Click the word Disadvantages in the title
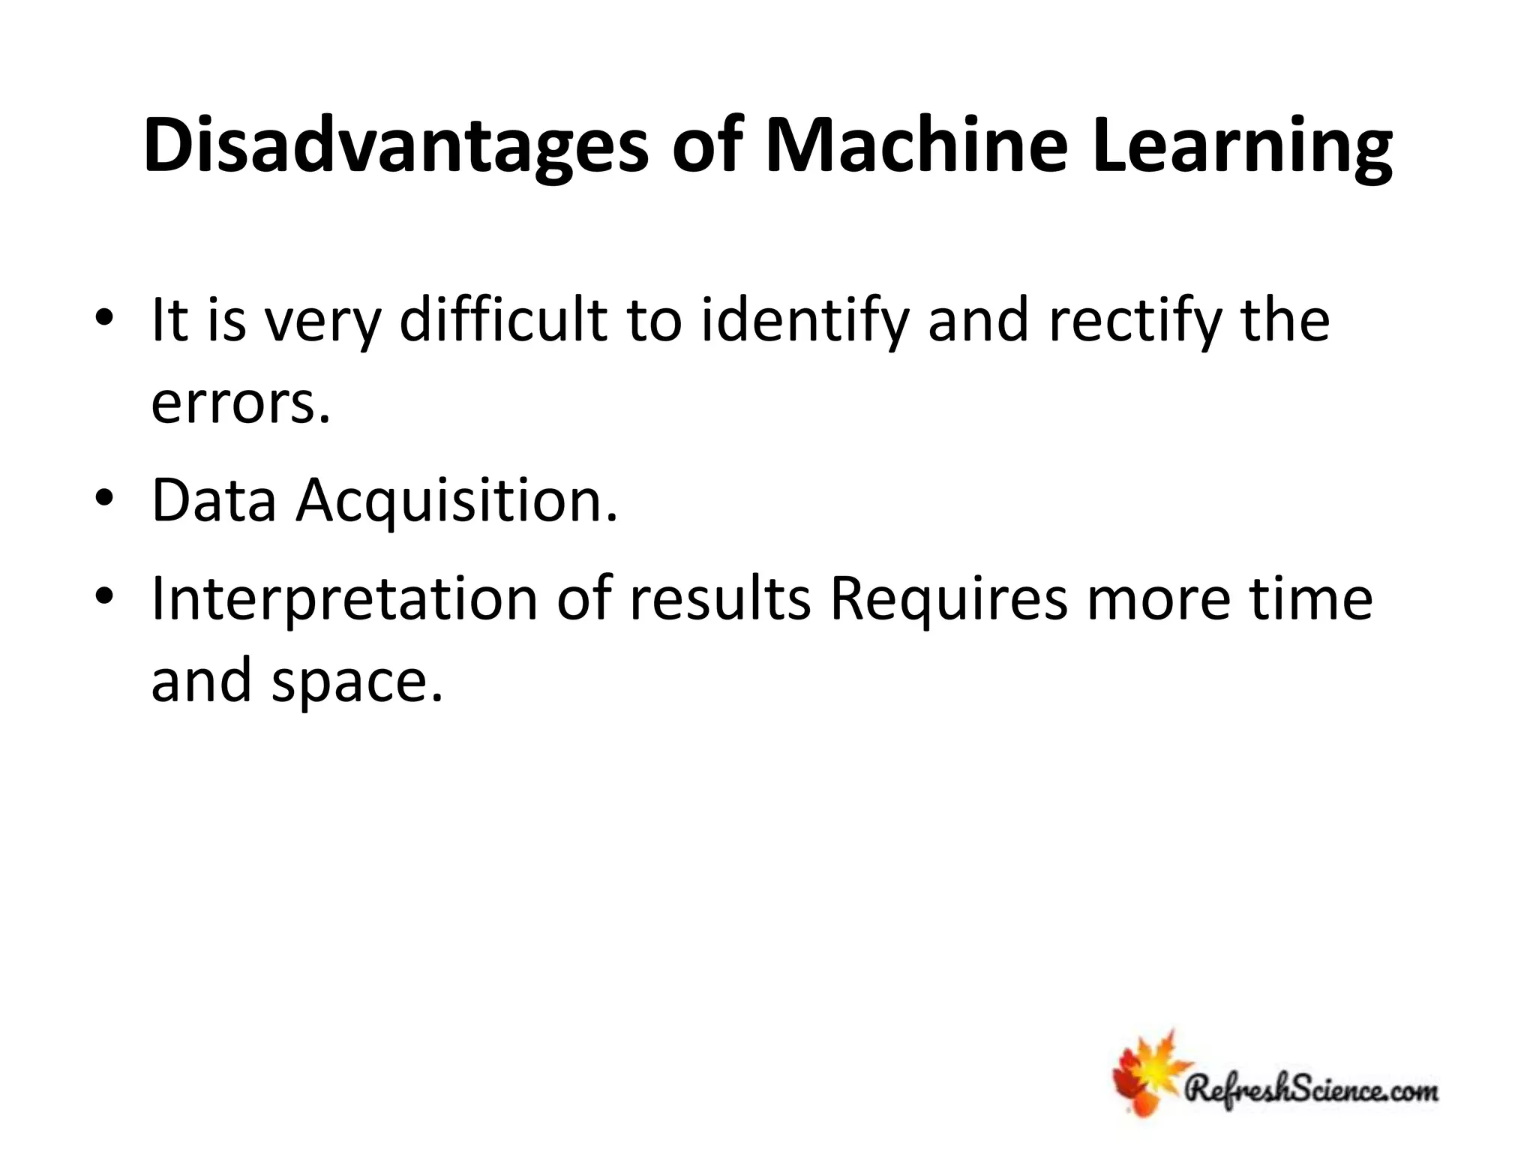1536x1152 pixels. [395, 147]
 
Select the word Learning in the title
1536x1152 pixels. [1242, 147]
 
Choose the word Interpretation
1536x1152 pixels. [344, 600]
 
